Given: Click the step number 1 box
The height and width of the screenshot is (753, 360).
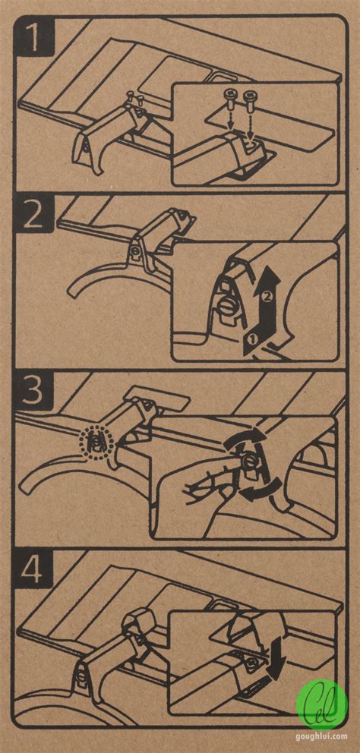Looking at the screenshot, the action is tap(33, 37).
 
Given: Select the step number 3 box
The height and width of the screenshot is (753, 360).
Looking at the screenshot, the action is tap(33, 392).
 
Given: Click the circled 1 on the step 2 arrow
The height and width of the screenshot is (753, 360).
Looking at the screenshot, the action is tap(254, 339).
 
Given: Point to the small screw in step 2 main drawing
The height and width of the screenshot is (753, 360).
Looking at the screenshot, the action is tap(137, 250).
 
